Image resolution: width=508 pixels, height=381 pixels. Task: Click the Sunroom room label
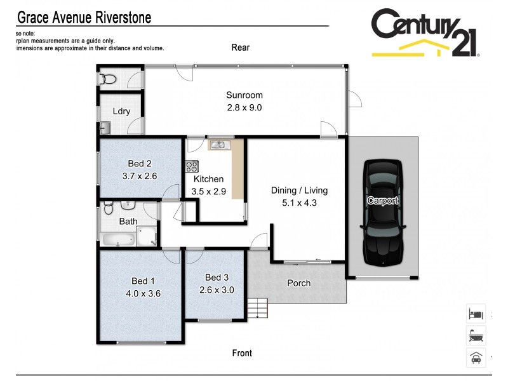(244, 95)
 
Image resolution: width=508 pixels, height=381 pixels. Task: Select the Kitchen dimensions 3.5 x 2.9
(208, 190)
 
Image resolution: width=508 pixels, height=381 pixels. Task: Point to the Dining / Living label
(299, 190)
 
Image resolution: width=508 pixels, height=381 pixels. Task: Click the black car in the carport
(383, 212)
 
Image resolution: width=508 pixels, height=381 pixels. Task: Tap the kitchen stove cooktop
(192, 167)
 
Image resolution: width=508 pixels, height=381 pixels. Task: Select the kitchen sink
(220, 145)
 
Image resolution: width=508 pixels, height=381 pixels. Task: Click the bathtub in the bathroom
(117, 240)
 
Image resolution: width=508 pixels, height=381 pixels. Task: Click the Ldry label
(121, 111)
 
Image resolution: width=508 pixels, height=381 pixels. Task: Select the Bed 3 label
(217, 277)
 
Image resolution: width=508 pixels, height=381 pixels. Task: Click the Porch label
(299, 283)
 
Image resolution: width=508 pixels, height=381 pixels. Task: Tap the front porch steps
(258, 309)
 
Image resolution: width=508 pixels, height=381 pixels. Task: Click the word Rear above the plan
(241, 47)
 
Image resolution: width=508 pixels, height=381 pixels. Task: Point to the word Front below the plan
(242, 353)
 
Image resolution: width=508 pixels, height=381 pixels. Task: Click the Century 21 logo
(424, 33)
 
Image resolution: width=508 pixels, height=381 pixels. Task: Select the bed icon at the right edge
(476, 314)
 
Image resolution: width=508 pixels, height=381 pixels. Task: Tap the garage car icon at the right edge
(476, 358)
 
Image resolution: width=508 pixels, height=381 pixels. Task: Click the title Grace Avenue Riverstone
(83, 17)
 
